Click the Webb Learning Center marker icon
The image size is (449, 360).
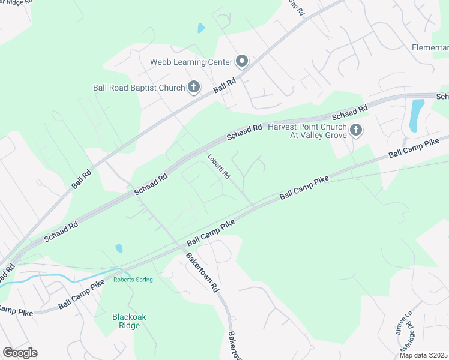[242, 61]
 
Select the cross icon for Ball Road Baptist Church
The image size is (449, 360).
[194, 88]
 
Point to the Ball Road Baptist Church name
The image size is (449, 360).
[139, 88]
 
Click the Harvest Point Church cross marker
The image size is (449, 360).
[356, 130]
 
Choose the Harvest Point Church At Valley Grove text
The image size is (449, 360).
[307, 131]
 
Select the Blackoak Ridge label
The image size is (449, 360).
[125, 321]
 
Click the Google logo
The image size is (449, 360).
[20, 353]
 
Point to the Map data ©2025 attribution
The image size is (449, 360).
[423, 355]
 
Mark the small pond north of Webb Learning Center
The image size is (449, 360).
[201, 28]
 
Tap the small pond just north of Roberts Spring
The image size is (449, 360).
[119, 248]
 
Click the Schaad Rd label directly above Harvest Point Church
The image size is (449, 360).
[349, 112]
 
